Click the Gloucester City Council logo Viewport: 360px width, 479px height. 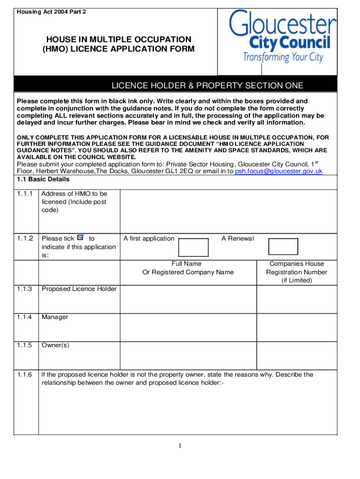tap(282, 37)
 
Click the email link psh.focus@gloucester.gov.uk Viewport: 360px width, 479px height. tap(279, 171)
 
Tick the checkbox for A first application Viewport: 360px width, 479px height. tap(194, 247)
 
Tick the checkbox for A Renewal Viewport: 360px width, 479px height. tap(283, 247)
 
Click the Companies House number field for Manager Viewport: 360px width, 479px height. tap(296, 327)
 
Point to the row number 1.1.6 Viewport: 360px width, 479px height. tap(24, 375)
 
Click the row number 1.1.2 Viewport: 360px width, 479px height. tap(24, 239)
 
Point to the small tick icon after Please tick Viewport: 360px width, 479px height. tap(80, 238)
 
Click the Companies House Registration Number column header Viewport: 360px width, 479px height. tap(296, 272)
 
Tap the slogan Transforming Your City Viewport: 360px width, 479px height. tap(282, 58)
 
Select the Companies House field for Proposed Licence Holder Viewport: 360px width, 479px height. tap(296, 299)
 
